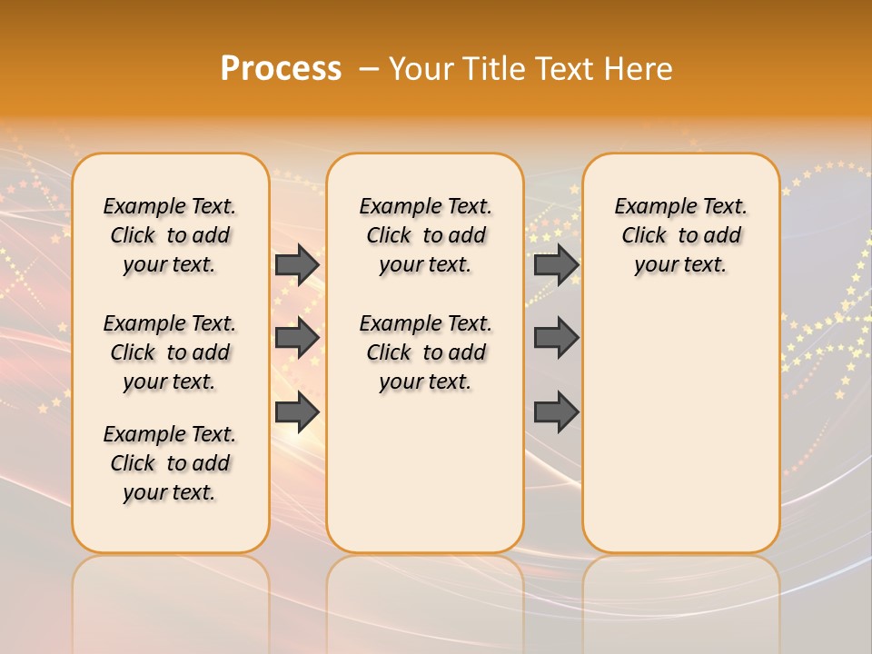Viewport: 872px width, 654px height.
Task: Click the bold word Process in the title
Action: tap(281, 68)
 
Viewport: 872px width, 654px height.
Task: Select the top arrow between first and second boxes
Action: tap(297, 264)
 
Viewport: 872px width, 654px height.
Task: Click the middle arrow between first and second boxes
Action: tap(297, 338)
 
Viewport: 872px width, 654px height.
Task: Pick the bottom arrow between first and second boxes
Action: tap(297, 411)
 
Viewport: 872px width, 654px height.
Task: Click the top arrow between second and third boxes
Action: tap(556, 264)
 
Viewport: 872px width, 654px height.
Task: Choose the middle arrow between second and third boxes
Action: tap(556, 338)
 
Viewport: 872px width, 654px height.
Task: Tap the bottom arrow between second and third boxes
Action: tap(556, 411)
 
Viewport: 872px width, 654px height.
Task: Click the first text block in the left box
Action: tap(170, 235)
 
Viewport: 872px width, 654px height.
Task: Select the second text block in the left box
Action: tap(170, 352)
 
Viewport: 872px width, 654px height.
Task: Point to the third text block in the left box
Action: tap(170, 463)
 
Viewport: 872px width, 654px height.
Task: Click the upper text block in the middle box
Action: tap(425, 235)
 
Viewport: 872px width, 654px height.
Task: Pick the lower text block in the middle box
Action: tap(425, 352)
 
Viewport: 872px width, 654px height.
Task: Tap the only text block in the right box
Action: tap(680, 235)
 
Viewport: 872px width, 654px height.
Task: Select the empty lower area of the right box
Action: tap(680, 427)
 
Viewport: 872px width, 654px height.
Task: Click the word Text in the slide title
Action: tap(565, 68)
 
